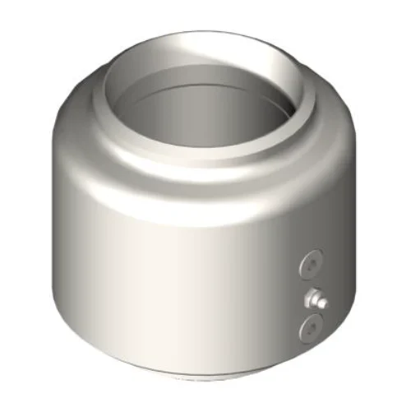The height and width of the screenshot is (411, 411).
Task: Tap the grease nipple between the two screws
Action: [x=315, y=298]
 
